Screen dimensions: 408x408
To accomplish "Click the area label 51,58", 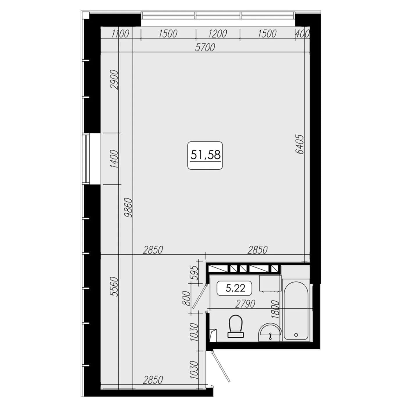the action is point(205,155).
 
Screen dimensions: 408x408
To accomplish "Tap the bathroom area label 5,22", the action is point(235,288).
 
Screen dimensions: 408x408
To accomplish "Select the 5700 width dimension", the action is point(205,47).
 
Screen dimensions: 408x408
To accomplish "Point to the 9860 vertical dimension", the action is point(128,207).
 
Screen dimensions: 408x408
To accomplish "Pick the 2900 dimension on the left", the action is point(114,80).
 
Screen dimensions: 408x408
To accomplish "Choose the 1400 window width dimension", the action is point(114,159).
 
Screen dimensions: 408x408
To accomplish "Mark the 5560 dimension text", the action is point(114,287).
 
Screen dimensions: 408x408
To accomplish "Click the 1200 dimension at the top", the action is point(218,34).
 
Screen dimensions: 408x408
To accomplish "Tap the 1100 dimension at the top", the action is point(120,34).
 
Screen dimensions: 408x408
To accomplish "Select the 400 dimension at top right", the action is point(303,34).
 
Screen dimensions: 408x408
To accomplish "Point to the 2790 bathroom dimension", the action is point(245,304).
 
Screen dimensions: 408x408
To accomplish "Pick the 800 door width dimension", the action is point(187,298).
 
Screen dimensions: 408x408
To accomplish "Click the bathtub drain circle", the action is point(296,335).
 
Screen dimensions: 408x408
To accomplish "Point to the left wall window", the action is point(86,159).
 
